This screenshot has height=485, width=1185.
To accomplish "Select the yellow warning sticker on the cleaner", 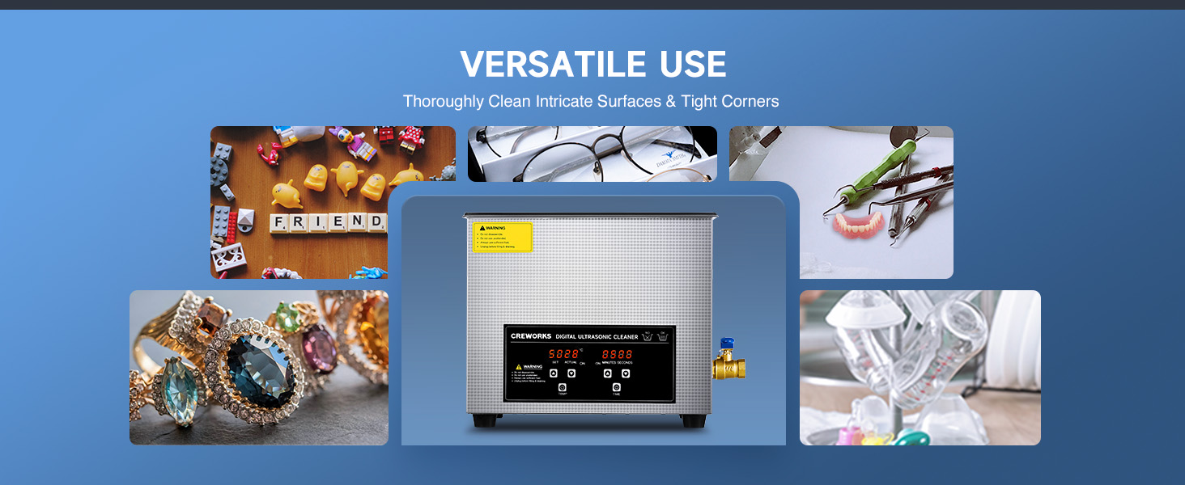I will [x=502, y=237].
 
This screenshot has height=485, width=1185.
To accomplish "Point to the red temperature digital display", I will [x=563, y=354].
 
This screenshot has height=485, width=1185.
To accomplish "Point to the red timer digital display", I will [x=617, y=354].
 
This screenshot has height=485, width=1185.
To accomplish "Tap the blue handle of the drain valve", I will [x=727, y=344].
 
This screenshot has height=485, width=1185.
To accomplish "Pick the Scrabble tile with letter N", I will [x=358, y=221].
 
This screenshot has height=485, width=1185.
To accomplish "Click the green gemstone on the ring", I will [x=288, y=317].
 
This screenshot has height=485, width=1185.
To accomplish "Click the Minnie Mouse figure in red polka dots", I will [x=412, y=138].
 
